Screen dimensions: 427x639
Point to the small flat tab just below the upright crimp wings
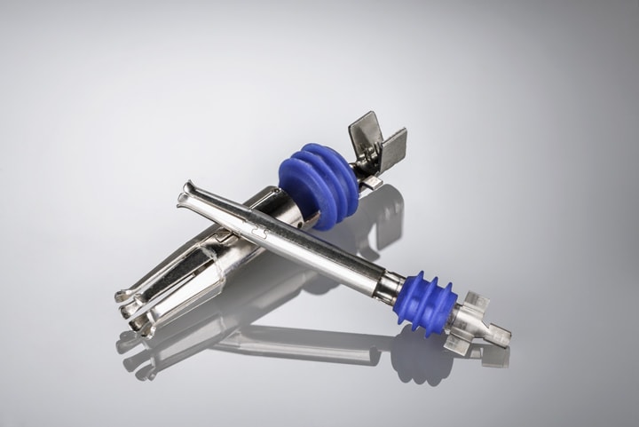374,182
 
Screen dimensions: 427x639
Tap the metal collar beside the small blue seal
390,285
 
